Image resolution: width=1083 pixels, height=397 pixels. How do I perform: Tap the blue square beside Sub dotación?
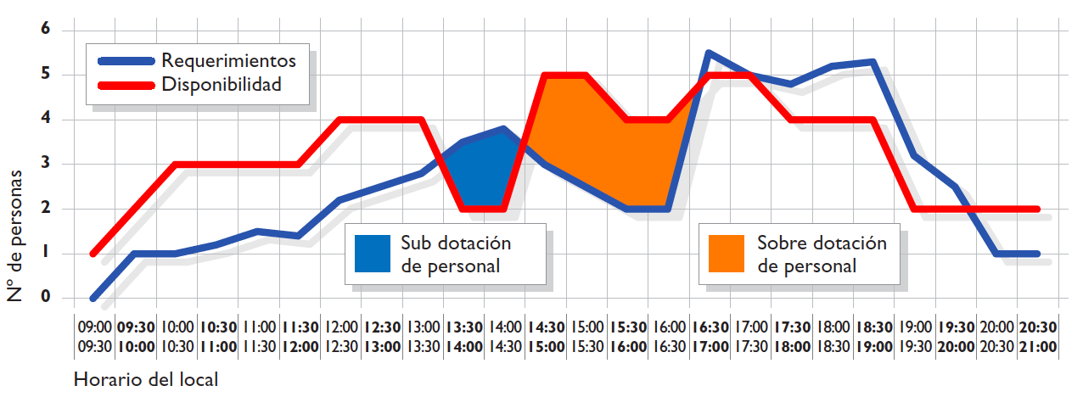coord(373,254)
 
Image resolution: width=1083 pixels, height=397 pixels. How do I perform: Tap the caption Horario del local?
coord(146,379)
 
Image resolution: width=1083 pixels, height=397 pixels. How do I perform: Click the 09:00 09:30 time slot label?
coord(94,336)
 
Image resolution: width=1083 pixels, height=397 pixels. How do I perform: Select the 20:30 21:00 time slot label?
coord(1038,336)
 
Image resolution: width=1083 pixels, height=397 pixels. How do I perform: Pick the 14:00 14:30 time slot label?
coord(505,336)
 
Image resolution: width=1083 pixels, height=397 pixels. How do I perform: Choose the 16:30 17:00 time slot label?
coord(710,336)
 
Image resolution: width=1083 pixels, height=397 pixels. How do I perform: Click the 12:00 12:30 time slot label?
coord(341,336)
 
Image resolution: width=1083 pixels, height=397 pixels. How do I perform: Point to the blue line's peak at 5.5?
coord(709,53)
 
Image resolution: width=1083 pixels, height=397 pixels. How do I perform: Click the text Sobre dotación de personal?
coord(821,254)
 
